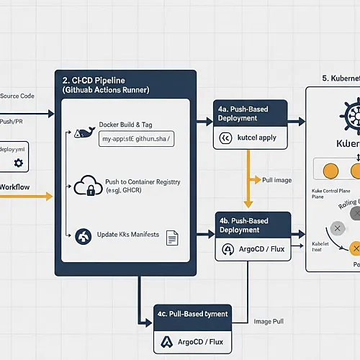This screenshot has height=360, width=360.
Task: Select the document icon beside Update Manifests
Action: (172, 237)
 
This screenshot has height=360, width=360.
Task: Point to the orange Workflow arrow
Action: (29, 196)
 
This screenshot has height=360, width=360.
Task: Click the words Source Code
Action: (17, 96)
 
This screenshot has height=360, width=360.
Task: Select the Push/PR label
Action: (12, 122)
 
